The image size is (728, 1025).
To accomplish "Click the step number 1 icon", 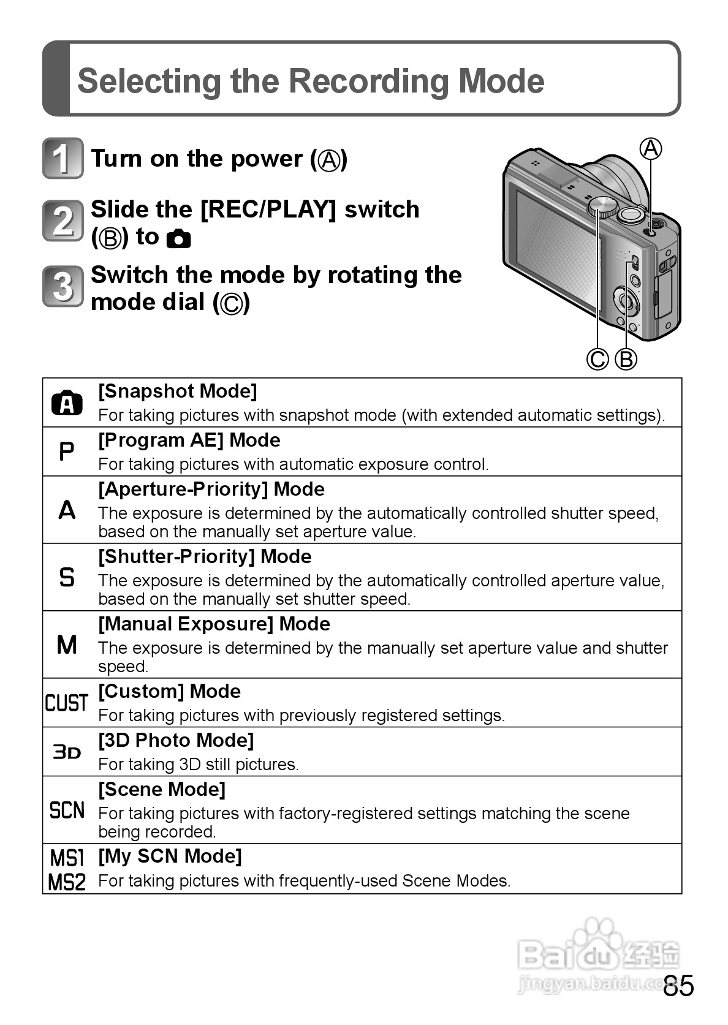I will pyautogui.click(x=63, y=159).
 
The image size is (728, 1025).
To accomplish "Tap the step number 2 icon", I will pyautogui.click(x=63, y=221).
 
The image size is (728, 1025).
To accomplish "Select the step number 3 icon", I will pyautogui.click(x=63, y=286).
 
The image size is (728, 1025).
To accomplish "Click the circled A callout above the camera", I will pyautogui.click(x=651, y=149).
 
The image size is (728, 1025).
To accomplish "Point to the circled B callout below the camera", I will pyautogui.click(x=626, y=359).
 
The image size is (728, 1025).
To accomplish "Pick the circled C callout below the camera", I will pyautogui.click(x=597, y=359).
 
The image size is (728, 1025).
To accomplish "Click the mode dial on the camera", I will pyautogui.click(x=602, y=206).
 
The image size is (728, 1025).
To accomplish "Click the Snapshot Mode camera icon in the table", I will pyautogui.click(x=67, y=403).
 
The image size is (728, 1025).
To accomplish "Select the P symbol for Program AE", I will pyautogui.click(x=66, y=452).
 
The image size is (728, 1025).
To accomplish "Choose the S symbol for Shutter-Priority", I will pyautogui.click(x=66, y=577).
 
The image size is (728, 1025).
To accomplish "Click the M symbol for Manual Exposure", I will pyautogui.click(x=66, y=645).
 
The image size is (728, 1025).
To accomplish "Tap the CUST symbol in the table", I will pyautogui.click(x=66, y=703).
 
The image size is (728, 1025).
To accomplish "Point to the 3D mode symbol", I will pyautogui.click(x=66, y=752).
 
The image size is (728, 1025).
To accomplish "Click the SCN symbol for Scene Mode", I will pyautogui.click(x=66, y=810).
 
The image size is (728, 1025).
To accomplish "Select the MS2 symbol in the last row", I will pyautogui.click(x=66, y=882).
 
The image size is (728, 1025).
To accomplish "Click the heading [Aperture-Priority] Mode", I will pyautogui.click(x=211, y=490).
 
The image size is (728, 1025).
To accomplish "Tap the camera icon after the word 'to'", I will pyautogui.click(x=178, y=238).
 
